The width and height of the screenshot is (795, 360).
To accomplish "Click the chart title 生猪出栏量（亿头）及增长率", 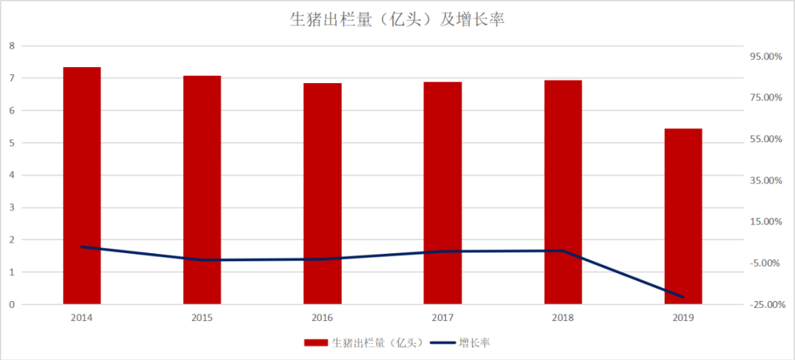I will point(397,20).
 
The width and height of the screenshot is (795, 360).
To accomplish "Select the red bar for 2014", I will point(82,184).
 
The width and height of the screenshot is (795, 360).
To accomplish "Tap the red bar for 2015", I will point(202,189).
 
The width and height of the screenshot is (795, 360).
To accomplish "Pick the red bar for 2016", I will point(322,193).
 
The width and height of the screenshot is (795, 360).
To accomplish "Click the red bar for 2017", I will point(442,192).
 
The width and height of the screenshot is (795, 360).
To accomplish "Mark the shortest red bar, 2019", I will point(683,216).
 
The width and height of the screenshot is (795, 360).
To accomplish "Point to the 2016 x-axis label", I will point(322,318).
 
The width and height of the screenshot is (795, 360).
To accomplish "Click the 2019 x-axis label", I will point(683,318).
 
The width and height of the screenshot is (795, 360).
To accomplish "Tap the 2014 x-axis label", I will point(82,318).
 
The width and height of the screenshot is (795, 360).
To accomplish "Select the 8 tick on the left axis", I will point(11,46).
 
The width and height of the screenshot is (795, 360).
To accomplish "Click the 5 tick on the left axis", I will point(11,143).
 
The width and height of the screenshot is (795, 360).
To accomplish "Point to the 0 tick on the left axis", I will point(11,304).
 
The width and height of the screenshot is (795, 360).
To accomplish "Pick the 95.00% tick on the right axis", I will point(766,57).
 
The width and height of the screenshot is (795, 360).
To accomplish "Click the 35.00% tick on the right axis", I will point(766,180).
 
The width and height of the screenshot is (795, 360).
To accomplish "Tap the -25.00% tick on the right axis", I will point(766,305).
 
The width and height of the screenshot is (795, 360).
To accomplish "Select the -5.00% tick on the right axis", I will point(766,264).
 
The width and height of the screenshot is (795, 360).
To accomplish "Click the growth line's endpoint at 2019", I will point(683,297).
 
